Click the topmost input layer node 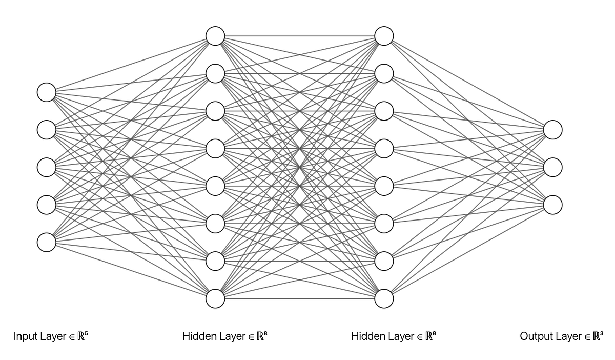point(47,92)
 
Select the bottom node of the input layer point(47,243)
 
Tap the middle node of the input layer point(47,167)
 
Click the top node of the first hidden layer point(215,36)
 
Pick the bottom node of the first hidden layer point(215,298)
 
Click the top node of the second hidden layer point(384,36)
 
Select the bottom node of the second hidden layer point(384,298)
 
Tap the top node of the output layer point(552,130)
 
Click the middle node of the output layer point(552,167)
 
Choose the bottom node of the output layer point(552,205)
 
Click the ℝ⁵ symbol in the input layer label point(83,335)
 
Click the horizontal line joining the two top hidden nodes point(299,36)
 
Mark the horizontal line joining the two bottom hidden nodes point(299,298)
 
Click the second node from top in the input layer point(47,130)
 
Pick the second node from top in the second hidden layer point(384,74)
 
